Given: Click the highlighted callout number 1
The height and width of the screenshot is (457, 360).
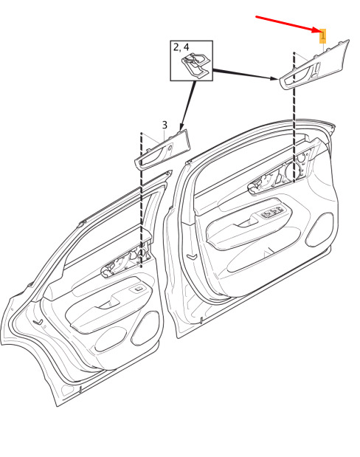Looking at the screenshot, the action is click(322, 36).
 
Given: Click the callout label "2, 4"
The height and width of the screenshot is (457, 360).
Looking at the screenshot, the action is click(181, 47).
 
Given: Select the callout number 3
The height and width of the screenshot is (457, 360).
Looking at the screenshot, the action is click(165, 125).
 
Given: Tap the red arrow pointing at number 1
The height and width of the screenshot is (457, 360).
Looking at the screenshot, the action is click(288, 24).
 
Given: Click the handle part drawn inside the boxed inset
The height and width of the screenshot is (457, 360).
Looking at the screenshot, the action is click(195, 66).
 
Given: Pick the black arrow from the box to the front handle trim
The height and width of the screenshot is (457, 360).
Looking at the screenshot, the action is click(245, 74).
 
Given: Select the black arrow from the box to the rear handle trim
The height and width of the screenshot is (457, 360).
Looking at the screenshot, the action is click(187, 106).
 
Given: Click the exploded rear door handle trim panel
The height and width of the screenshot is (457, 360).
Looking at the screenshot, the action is click(162, 150).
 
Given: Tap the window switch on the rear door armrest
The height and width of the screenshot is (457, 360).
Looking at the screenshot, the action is click(139, 289).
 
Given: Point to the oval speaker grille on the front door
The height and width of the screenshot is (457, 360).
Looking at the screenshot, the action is click(319, 230).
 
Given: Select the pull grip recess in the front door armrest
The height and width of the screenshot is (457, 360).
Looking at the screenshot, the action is click(248, 222).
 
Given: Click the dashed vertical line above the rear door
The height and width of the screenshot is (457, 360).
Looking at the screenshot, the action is click(141, 200).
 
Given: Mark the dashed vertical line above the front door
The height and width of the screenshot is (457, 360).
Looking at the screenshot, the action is click(294, 117).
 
